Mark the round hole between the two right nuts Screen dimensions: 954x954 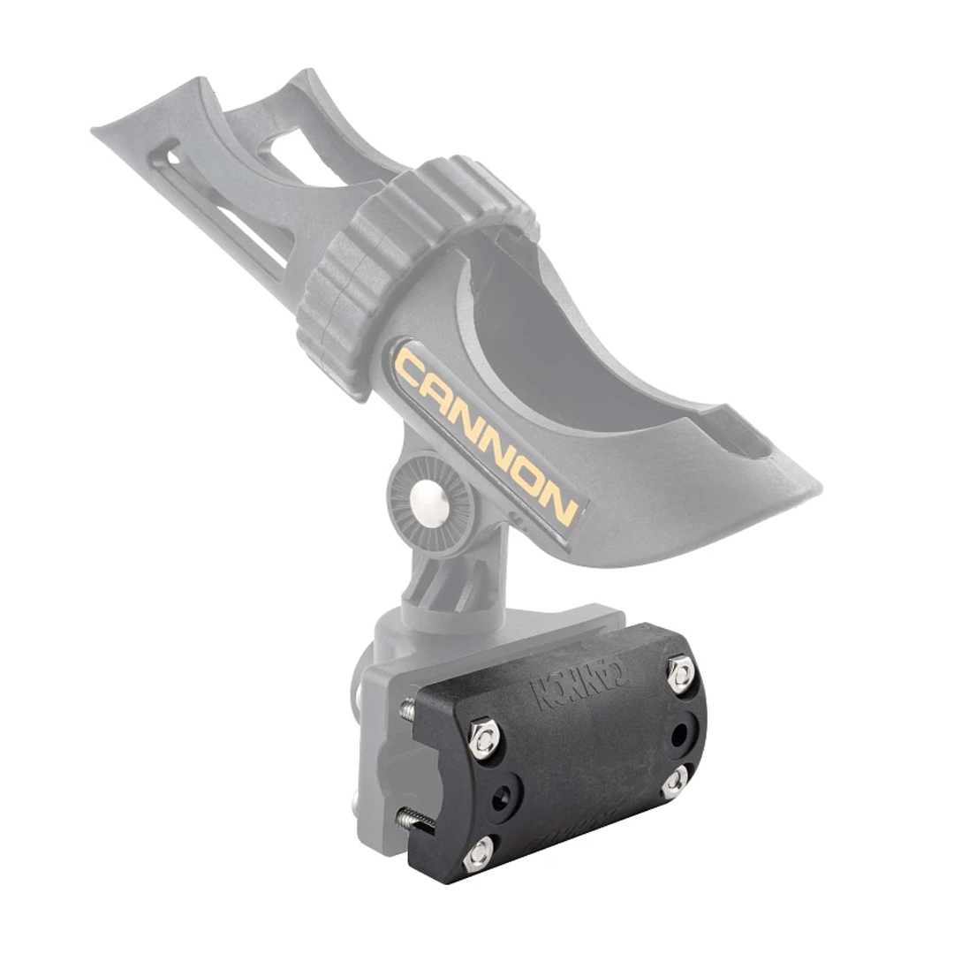(679, 732)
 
